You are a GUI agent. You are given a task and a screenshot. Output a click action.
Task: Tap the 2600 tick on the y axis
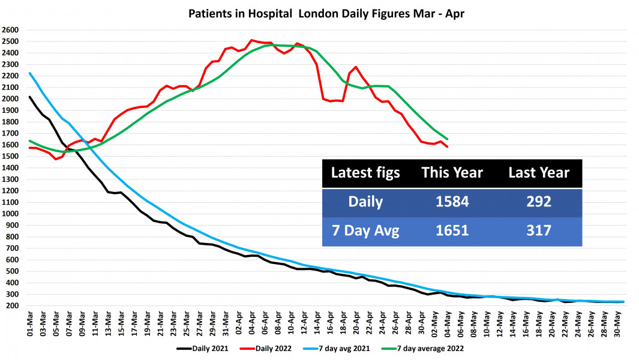pyautogui.click(x=11, y=30)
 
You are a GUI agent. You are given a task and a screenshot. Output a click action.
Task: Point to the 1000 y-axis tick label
pyautogui.click(x=11, y=214)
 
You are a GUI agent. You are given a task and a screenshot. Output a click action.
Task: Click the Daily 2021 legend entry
pyautogui.click(x=200, y=347)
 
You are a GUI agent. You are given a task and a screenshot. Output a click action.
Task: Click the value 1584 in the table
pyautogui.click(x=452, y=202)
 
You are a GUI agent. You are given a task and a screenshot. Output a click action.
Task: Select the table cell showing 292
pyautogui.click(x=539, y=202)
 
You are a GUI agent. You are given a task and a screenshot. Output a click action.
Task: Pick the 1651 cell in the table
pyautogui.click(x=452, y=230)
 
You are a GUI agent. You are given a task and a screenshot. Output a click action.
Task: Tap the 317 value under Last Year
pyautogui.click(x=539, y=230)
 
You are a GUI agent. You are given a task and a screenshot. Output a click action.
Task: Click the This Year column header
pyautogui.click(x=452, y=173)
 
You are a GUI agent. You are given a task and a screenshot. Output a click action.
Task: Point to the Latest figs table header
pyautogui.click(x=365, y=173)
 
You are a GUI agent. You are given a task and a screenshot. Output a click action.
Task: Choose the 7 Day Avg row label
pyautogui.click(x=365, y=230)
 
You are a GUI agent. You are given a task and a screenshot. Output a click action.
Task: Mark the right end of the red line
pyautogui.click(x=448, y=147)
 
